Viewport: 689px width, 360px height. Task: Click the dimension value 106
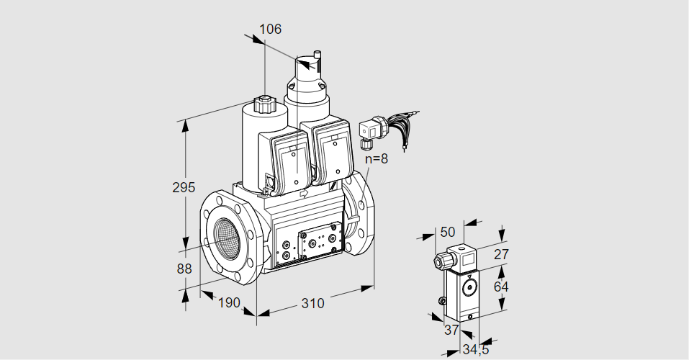pos(270,30)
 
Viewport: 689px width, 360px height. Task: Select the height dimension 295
pos(184,187)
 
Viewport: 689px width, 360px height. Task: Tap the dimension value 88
pos(184,269)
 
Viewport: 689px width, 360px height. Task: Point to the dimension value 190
pos(228,303)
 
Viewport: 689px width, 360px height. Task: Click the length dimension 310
pos(312,303)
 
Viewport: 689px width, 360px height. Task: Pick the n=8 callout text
pos(375,159)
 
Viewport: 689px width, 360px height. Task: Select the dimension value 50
pos(448,232)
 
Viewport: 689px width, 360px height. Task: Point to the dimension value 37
pos(451,330)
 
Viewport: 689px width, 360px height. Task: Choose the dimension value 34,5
pos(474,351)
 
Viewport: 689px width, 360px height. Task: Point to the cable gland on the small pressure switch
pos(440,261)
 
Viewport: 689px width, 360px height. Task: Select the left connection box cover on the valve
pos(292,161)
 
